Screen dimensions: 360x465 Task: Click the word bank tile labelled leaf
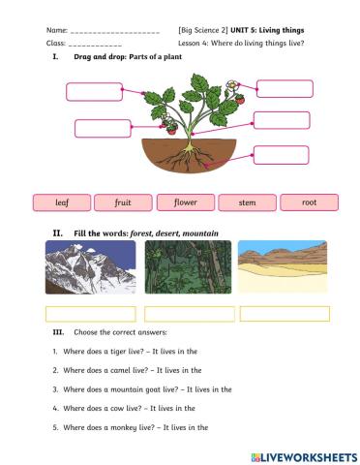click(x=62, y=202)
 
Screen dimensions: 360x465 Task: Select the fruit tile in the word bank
click(x=123, y=202)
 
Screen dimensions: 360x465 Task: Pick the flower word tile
click(x=185, y=202)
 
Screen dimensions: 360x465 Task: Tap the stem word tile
click(x=247, y=202)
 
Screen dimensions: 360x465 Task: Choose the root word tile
click(x=309, y=202)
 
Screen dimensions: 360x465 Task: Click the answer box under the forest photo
click(x=188, y=314)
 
